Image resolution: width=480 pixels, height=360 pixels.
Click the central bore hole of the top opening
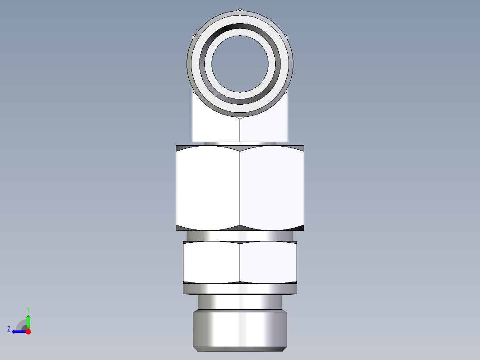pyautogui.click(x=240, y=63)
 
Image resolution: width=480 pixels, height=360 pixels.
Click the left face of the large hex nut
pyautogui.click(x=208, y=187)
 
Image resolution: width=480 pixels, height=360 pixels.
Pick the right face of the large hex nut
pyautogui.click(x=272, y=187)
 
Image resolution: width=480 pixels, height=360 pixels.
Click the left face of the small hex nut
pyautogui.click(x=212, y=262)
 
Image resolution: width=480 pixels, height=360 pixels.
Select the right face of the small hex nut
pyautogui.click(x=268, y=262)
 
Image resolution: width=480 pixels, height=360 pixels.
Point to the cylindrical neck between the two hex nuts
pyautogui.click(x=240, y=236)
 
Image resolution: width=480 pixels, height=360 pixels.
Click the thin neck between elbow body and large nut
pyautogui.click(x=240, y=143)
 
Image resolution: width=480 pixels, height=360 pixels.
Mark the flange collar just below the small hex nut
pyautogui.click(x=240, y=289)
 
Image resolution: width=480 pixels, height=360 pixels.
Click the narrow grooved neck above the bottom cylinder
pyautogui.click(x=240, y=303)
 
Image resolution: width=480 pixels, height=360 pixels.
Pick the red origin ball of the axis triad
pyautogui.click(x=28, y=331)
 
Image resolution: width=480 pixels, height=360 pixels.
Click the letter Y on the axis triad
pyautogui.click(x=28, y=310)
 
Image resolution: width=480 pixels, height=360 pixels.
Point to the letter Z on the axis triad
pyautogui.click(x=9, y=329)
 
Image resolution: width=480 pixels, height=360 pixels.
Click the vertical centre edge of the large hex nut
pyautogui.click(x=240, y=187)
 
